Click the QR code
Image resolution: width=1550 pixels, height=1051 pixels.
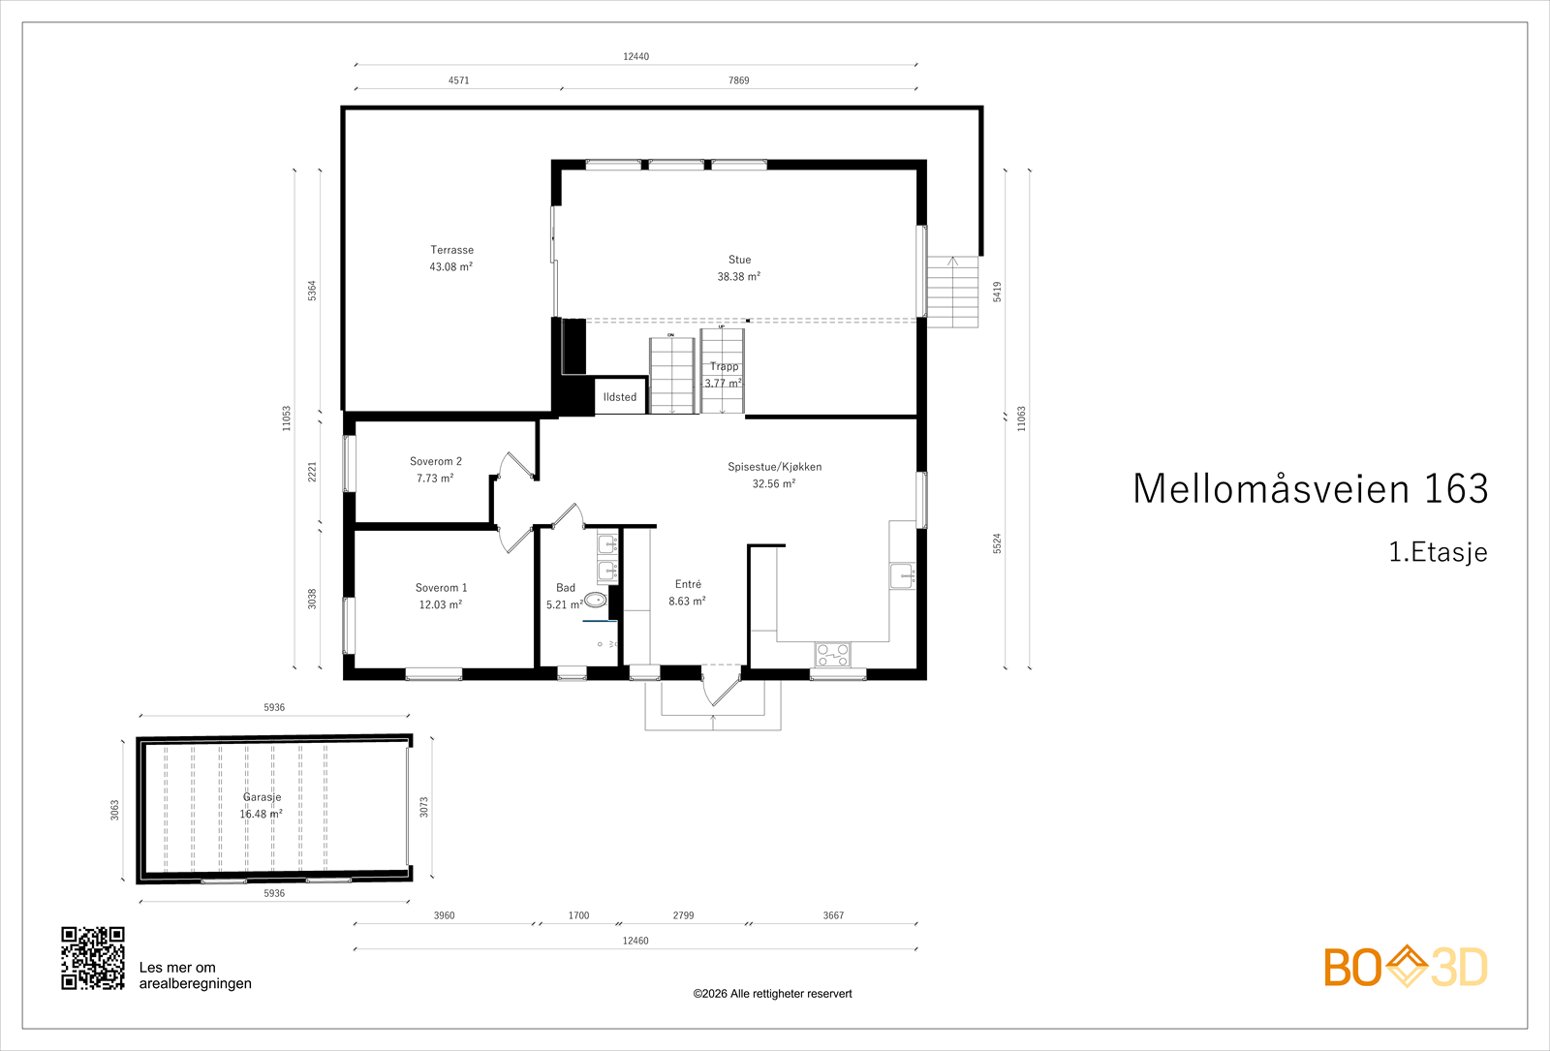(x=93, y=958)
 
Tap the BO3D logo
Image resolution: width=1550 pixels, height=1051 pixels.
(x=1405, y=967)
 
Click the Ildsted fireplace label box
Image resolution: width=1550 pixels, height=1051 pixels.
(x=620, y=396)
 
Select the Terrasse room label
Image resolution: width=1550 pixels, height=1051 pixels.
(x=451, y=258)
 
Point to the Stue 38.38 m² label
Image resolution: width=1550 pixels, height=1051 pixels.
(x=739, y=268)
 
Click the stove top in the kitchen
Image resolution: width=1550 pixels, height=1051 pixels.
(x=832, y=655)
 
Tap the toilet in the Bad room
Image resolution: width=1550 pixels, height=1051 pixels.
(x=595, y=601)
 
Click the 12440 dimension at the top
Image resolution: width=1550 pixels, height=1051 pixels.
(x=635, y=56)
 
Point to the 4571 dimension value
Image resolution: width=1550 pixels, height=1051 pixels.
(x=458, y=80)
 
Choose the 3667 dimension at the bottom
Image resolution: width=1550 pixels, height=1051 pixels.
(x=833, y=915)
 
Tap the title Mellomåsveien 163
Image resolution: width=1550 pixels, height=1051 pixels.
(x=1310, y=488)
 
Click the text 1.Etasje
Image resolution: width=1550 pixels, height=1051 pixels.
(x=1438, y=552)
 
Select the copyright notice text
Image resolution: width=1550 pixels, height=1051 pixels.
(x=772, y=994)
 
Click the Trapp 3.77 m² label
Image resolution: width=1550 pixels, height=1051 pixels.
(x=724, y=374)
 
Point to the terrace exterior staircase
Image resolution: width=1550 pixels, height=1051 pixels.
(x=952, y=292)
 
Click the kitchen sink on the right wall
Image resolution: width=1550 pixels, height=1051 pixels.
(x=902, y=576)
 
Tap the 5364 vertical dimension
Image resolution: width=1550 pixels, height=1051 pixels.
(x=312, y=291)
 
